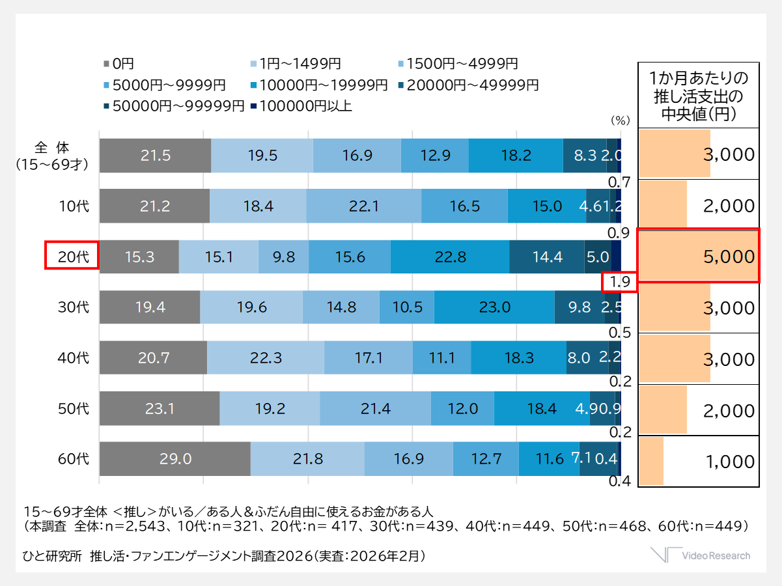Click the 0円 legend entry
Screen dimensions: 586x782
click(119, 64)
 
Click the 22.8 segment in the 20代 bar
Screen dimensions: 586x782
click(449, 257)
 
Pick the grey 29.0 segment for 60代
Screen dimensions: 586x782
click(175, 459)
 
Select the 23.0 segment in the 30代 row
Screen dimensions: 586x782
click(494, 307)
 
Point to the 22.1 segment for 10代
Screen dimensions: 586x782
click(363, 206)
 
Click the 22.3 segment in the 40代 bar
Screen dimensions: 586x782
click(265, 357)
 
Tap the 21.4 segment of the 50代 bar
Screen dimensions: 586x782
click(375, 409)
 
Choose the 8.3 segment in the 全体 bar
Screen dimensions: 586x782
click(585, 155)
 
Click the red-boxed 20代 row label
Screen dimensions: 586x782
click(71, 256)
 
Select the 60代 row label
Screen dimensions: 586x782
click(73, 459)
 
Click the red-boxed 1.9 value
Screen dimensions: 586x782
click(619, 282)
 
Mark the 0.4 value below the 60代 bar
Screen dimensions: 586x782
click(618, 482)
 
